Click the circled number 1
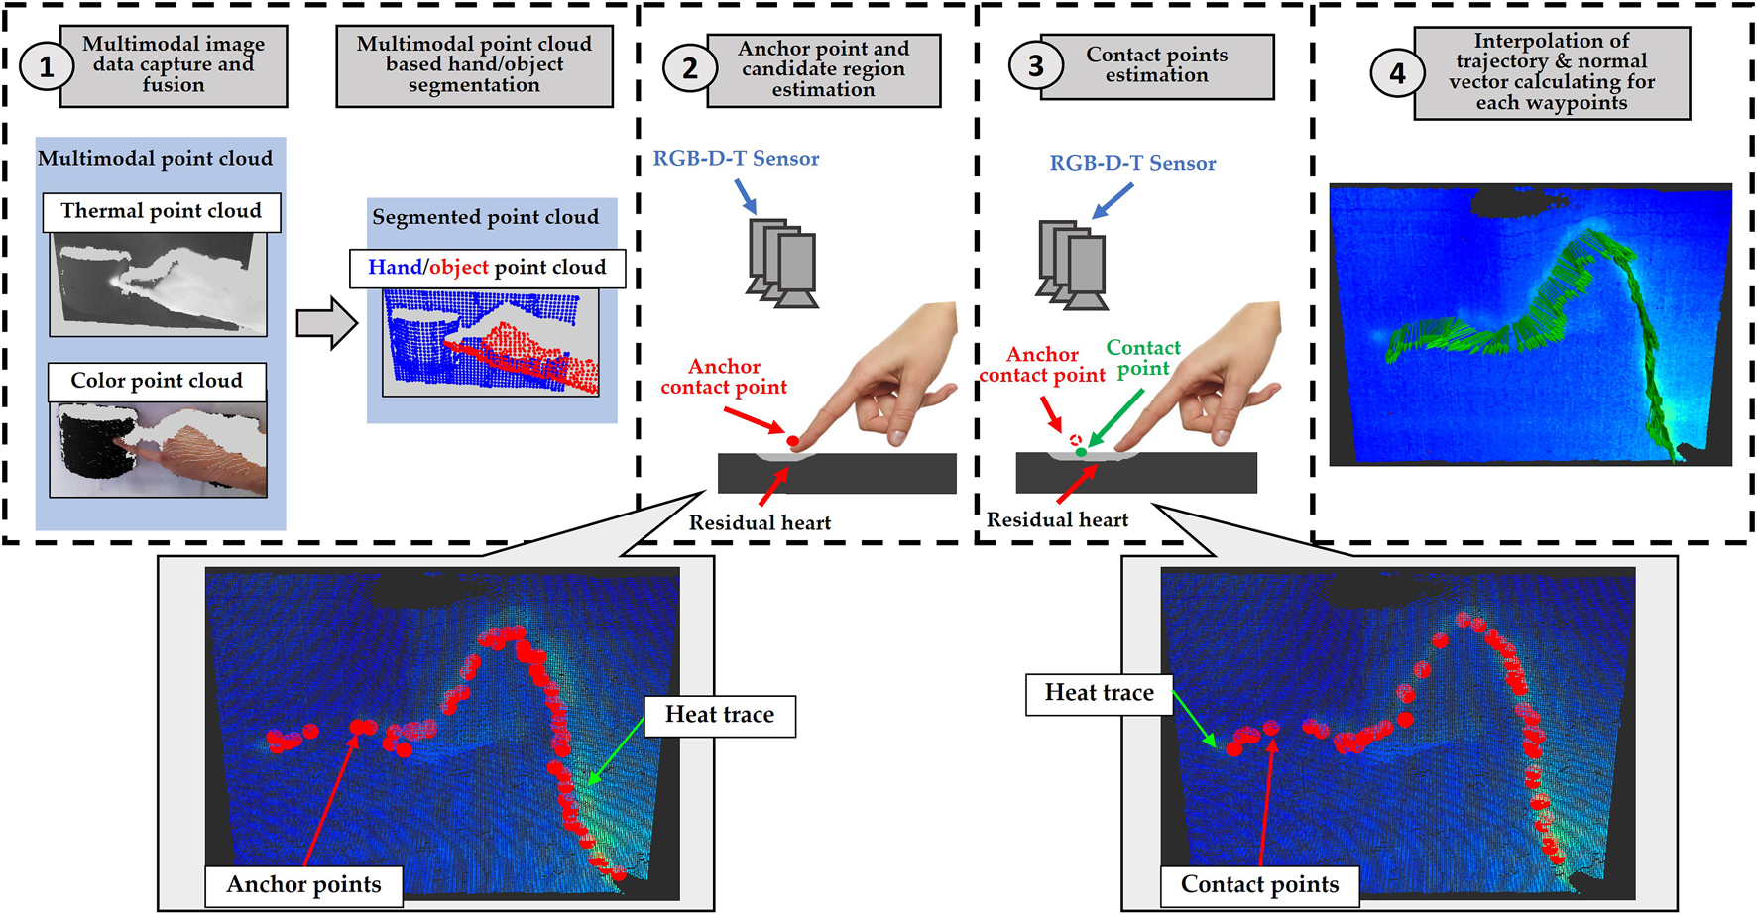46,66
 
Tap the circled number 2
689,67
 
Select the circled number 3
1035,65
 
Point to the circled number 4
1396,73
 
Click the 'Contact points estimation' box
1156,65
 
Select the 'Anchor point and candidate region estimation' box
823,69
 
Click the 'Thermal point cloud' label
161,211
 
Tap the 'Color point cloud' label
157,381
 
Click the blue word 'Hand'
395,267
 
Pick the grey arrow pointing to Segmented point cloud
326,323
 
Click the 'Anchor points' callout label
303,884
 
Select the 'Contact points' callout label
1259,884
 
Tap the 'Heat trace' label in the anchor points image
719,715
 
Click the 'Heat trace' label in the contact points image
1099,693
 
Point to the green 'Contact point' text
1143,358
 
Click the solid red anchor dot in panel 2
792,441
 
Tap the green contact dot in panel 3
1082,452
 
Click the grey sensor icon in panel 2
783,263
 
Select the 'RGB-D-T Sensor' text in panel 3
1132,164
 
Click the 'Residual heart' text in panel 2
760,523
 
